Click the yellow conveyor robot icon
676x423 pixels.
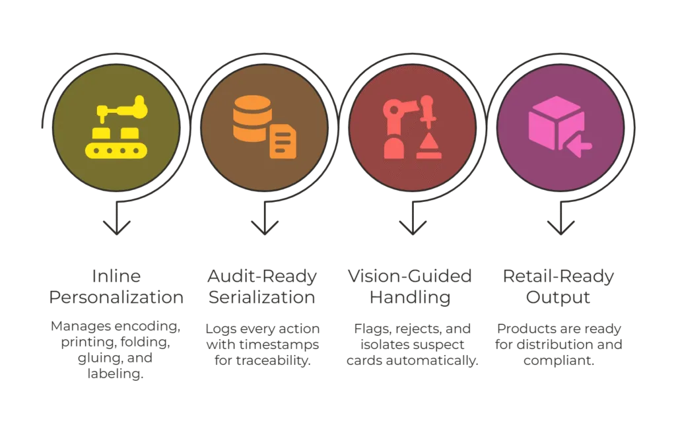click(116, 127)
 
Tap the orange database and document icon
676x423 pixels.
click(264, 127)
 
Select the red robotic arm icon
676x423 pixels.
click(412, 127)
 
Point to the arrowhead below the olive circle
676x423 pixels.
click(116, 228)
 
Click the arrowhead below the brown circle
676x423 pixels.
click(264, 228)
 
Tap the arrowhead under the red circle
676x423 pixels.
click(413, 228)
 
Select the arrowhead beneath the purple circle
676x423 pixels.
click(560, 228)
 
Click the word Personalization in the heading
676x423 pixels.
click(116, 297)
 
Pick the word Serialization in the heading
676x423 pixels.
click(262, 297)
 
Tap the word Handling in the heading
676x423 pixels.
click(410, 298)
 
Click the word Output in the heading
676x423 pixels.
click(558, 298)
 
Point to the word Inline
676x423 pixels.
click(116, 276)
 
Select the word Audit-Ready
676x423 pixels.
click(262, 277)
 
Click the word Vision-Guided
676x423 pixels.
click(410, 276)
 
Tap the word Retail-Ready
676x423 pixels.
click(558, 277)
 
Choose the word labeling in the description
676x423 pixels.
click(115, 374)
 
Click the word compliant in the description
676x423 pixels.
click(558, 361)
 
